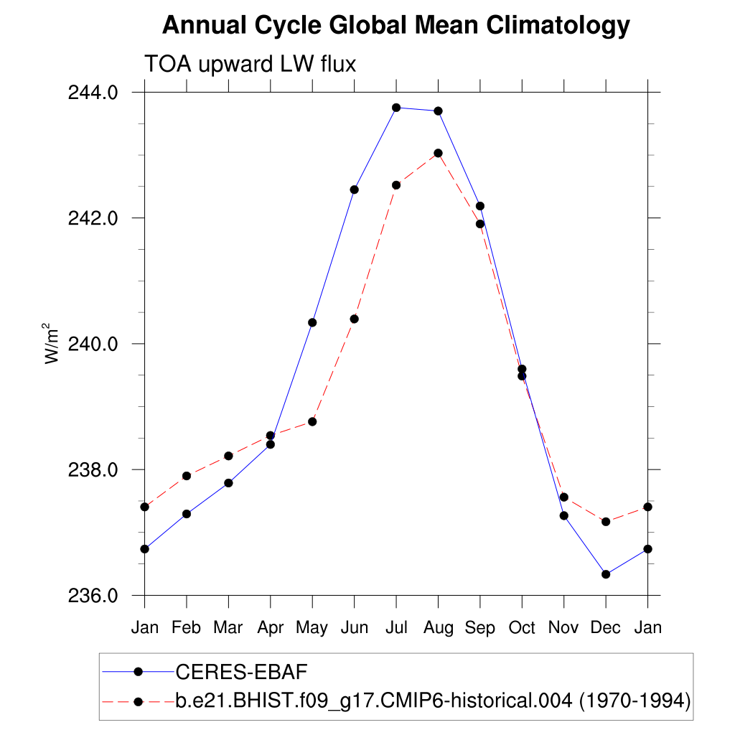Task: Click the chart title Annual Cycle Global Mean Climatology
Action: tap(395, 27)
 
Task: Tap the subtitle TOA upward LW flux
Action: tap(251, 65)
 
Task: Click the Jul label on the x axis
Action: tap(396, 628)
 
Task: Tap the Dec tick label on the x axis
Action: tap(606, 628)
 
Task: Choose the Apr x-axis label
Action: tap(271, 628)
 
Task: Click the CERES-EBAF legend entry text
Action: tap(241, 672)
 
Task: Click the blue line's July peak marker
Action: tap(396, 108)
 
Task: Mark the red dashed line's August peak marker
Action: tap(438, 153)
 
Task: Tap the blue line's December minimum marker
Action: tap(606, 574)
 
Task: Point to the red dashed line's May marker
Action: tap(312, 421)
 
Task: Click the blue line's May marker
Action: tap(312, 322)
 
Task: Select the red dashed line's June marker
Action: tap(354, 319)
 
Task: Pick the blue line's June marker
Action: tap(354, 189)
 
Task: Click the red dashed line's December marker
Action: tap(606, 521)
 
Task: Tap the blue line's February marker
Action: tap(187, 514)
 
